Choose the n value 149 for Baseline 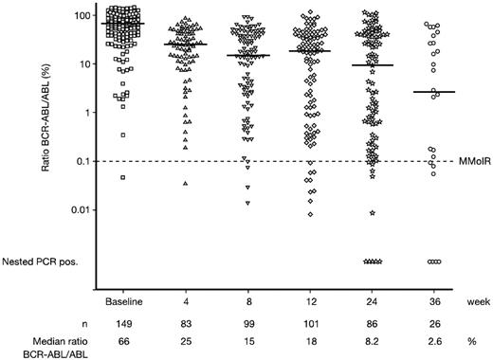(x=124, y=325)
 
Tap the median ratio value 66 (x=124, y=349)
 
